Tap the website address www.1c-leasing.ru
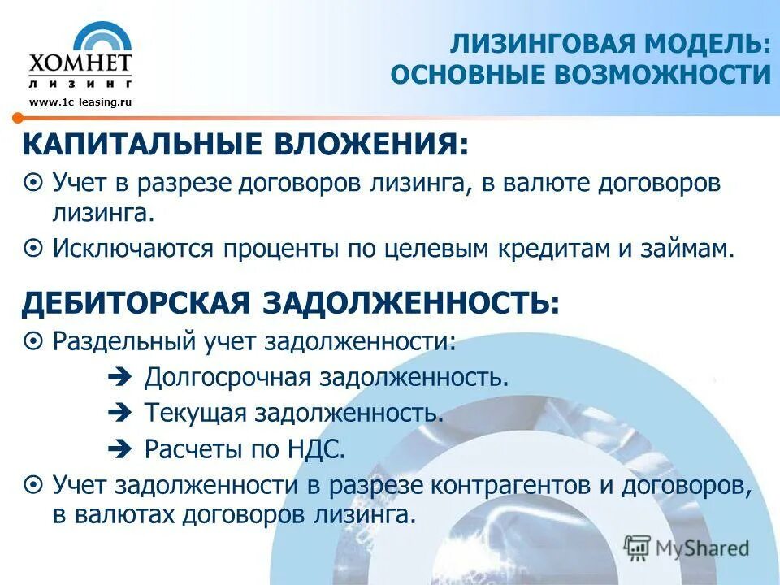[80, 102]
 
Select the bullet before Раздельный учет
[33, 340]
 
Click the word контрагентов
[509, 485]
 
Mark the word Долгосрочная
[228, 377]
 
